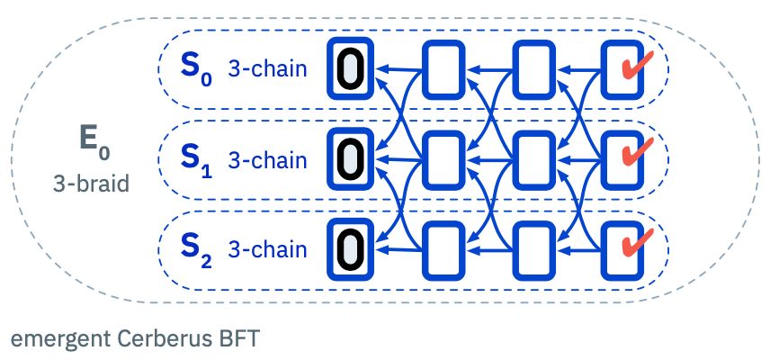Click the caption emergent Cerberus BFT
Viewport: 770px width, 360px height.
click(134, 339)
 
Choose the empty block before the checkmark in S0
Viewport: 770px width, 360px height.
click(533, 68)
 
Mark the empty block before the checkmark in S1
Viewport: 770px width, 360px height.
click(533, 158)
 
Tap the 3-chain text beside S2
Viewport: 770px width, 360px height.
click(267, 250)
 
